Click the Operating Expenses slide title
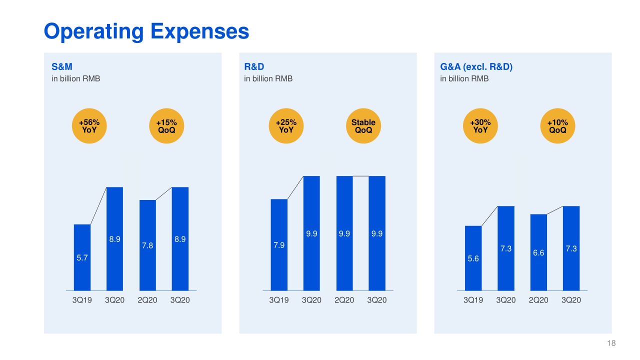(146, 31)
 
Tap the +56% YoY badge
(89, 126)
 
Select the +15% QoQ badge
(166, 126)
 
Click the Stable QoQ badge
(363, 126)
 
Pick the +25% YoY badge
(286, 126)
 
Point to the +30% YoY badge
(480, 126)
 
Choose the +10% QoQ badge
(557, 126)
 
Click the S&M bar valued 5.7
(82, 257)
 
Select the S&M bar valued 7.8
(147, 245)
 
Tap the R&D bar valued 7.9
(279, 245)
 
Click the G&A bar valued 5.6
(473, 258)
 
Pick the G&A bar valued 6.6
(538, 252)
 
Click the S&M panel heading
(58, 66)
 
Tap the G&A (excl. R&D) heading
(476, 66)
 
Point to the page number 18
(611, 343)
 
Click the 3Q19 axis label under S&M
(82, 300)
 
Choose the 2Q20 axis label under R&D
(344, 300)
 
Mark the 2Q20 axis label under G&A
(538, 300)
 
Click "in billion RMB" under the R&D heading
(268, 78)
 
